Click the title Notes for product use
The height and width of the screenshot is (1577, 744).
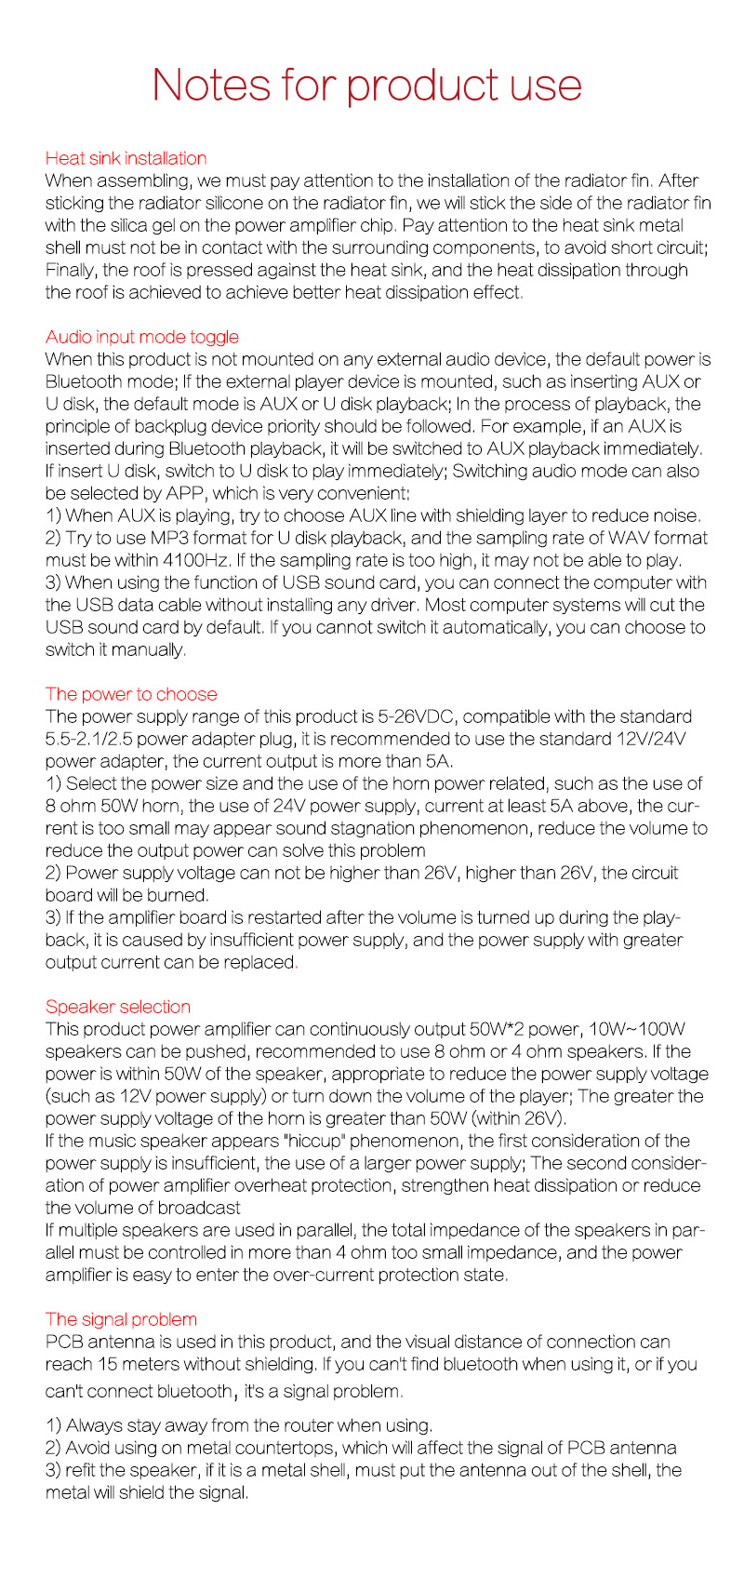(367, 85)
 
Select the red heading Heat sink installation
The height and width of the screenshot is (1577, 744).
(126, 158)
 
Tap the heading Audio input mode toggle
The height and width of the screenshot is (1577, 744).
(141, 337)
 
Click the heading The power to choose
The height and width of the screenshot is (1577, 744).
(130, 694)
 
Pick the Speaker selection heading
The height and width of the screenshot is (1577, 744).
(117, 1007)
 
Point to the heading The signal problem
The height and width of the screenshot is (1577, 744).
(121, 1319)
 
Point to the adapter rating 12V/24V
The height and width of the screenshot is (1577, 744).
(645, 739)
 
